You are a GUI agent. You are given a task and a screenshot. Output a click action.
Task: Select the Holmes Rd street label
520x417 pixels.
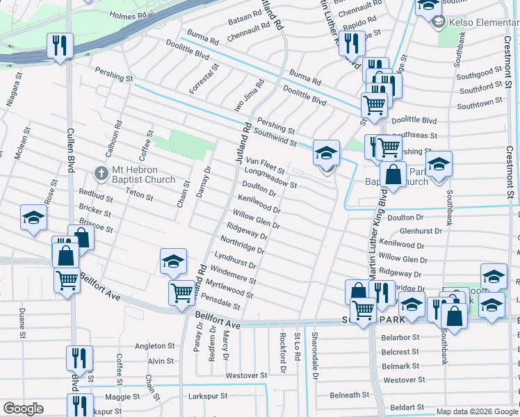click(129, 14)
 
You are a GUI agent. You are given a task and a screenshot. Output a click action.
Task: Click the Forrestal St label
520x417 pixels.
click(204, 79)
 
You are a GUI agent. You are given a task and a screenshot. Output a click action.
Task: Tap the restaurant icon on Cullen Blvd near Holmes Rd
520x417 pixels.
click(58, 46)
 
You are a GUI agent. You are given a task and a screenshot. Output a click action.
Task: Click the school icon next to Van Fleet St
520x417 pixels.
click(325, 153)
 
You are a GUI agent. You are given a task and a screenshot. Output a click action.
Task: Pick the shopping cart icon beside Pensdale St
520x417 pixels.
click(181, 292)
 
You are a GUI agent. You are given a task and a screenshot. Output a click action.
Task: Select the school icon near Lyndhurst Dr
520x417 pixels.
click(173, 261)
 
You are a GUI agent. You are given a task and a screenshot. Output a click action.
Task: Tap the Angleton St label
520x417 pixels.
click(154, 345)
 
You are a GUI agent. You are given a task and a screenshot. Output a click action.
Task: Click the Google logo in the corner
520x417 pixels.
click(23, 409)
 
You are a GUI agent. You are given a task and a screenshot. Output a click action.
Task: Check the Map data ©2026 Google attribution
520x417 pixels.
click(476, 411)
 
